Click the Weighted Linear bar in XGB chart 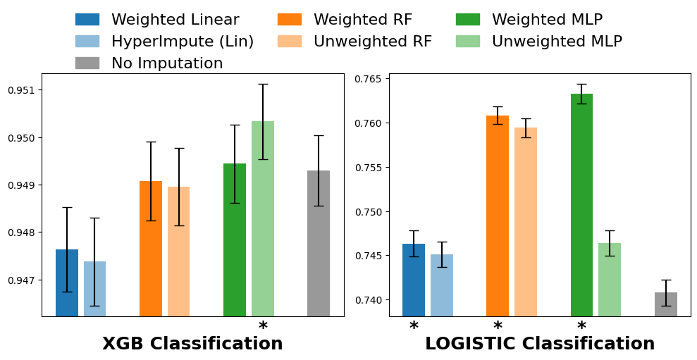pyautogui.click(x=67, y=283)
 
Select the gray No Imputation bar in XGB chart pyautogui.click(x=319, y=244)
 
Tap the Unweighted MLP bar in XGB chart pyautogui.click(x=263, y=218)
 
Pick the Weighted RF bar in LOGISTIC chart pyautogui.click(x=498, y=216)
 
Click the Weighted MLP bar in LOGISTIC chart pyautogui.click(x=581, y=205)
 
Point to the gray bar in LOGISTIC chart pyautogui.click(x=666, y=304)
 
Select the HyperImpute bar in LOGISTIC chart pyautogui.click(x=442, y=285)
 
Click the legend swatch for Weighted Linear pyautogui.click(x=87, y=20)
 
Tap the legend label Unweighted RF pyautogui.click(x=373, y=42)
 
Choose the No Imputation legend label pyautogui.click(x=167, y=63)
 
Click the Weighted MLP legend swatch pyautogui.click(x=468, y=20)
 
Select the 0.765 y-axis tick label pyautogui.click(x=369, y=79)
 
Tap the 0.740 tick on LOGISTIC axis pyautogui.click(x=369, y=300)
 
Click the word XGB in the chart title pyautogui.click(x=123, y=344)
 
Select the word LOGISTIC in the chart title pyautogui.click(x=467, y=344)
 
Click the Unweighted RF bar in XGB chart pyautogui.click(x=179, y=252)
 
